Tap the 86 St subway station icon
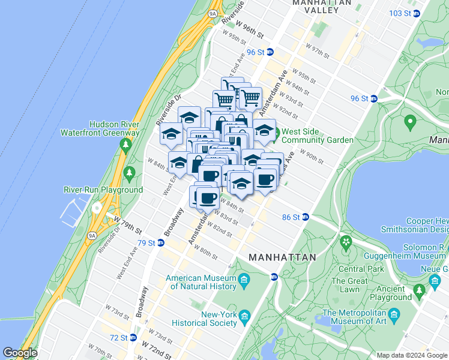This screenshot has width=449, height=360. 305,217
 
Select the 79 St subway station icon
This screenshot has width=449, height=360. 161,243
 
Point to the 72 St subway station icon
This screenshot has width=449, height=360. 132,338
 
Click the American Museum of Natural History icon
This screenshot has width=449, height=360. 244,280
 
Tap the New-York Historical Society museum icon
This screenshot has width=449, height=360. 244,316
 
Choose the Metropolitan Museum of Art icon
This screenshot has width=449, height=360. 394,314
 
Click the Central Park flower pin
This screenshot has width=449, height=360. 346,242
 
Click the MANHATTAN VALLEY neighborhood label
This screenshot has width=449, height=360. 321,7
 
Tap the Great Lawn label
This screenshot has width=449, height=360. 349,285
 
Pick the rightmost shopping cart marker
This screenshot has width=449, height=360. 250,97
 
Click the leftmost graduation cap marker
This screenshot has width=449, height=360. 171,133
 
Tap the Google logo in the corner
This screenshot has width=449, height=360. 20,353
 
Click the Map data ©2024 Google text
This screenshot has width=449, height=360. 411,355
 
